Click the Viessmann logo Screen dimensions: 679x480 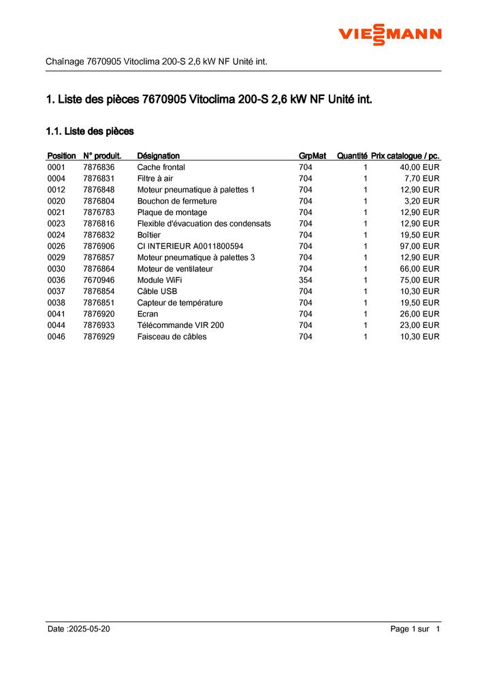pyautogui.click(x=390, y=34)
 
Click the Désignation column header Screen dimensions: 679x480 pyautogui.click(x=158, y=156)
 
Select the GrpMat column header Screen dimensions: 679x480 pyautogui.click(x=313, y=156)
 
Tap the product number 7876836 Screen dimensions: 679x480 pyautogui.click(x=99, y=167)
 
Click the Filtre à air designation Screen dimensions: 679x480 pyautogui.click(x=155, y=178)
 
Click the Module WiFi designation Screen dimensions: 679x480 pyautogui.click(x=160, y=280)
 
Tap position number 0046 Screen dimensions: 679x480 pyautogui.click(x=57, y=337)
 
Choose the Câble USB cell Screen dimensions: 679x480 pyautogui.click(x=157, y=291)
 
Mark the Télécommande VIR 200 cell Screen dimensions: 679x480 pyautogui.click(x=180, y=325)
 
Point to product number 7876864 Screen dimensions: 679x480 pyautogui.click(x=99, y=269)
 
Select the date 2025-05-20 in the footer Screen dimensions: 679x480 pyautogui.click(x=89, y=629)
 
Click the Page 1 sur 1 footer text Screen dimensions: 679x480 pyautogui.click(x=415, y=629)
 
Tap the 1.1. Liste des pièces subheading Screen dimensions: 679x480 pyautogui.click(x=89, y=131)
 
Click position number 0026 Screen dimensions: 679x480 pyautogui.click(x=57, y=246)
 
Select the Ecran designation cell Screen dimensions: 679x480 pyautogui.click(x=148, y=314)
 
